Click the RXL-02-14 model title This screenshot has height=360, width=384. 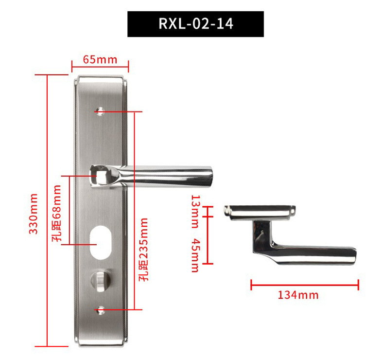195,24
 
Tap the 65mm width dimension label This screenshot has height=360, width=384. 100,60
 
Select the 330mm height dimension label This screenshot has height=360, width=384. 33,214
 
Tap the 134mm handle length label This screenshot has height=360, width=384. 298,295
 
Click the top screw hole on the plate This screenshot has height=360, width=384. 101,111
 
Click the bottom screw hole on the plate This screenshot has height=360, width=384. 101,309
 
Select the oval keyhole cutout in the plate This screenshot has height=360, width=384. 100,241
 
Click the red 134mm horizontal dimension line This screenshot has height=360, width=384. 304,285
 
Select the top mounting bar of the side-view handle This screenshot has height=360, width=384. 258,211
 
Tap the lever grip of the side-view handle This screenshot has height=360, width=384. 316,254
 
